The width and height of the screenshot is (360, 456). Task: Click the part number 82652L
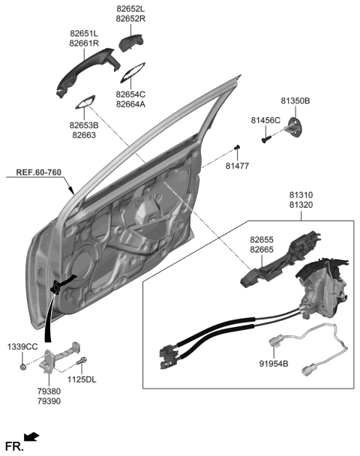tap(131, 7)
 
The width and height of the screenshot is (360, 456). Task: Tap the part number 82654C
tap(131, 94)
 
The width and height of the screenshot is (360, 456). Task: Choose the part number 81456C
tap(265, 120)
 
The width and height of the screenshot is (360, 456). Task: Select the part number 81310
tap(301, 194)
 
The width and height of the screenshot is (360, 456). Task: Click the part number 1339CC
tap(22, 346)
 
